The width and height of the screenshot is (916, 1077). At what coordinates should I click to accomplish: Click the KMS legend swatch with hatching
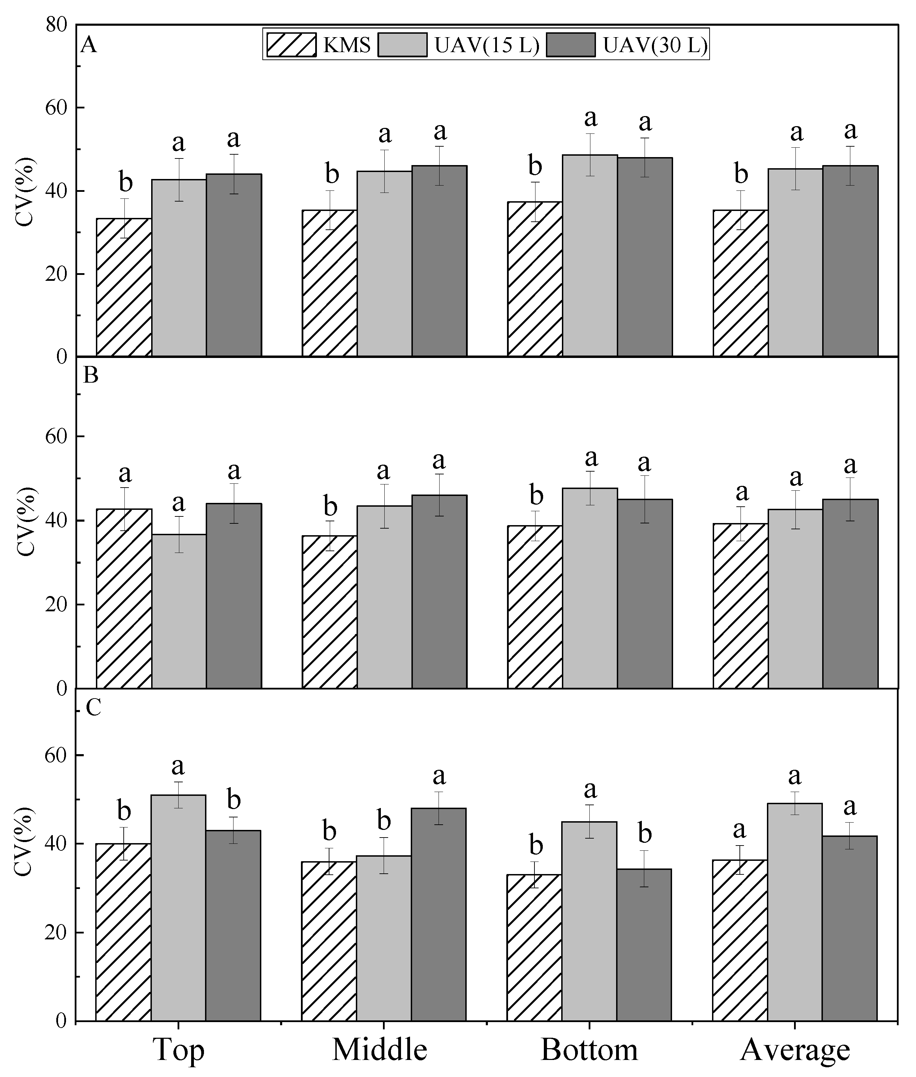[291, 45]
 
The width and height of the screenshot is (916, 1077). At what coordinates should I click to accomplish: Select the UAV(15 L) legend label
[487, 45]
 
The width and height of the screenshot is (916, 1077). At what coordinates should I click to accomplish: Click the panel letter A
[89, 45]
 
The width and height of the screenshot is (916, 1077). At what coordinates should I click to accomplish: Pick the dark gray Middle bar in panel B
[439, 591]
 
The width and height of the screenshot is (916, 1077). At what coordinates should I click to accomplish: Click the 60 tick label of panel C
[57, 755]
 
